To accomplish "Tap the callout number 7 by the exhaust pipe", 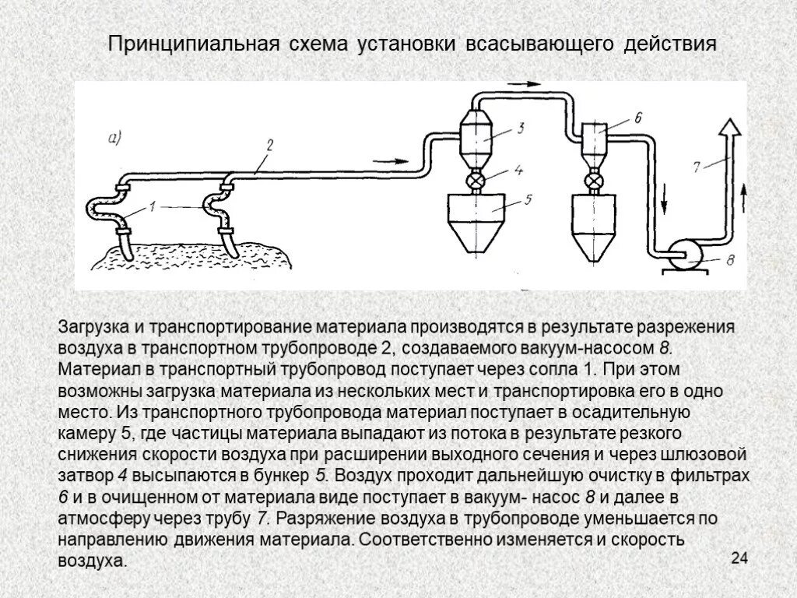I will pyautogui.click(x=697, y=164).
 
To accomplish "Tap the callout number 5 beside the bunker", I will pyautogui.click(x=527, y=199).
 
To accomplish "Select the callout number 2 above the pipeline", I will pyautogui.click(x=269, y=145).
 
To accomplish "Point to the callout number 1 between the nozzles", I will pyautogui.click(x=153, y=207).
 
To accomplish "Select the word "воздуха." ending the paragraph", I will pyautogui.click(x=92, y=560).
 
